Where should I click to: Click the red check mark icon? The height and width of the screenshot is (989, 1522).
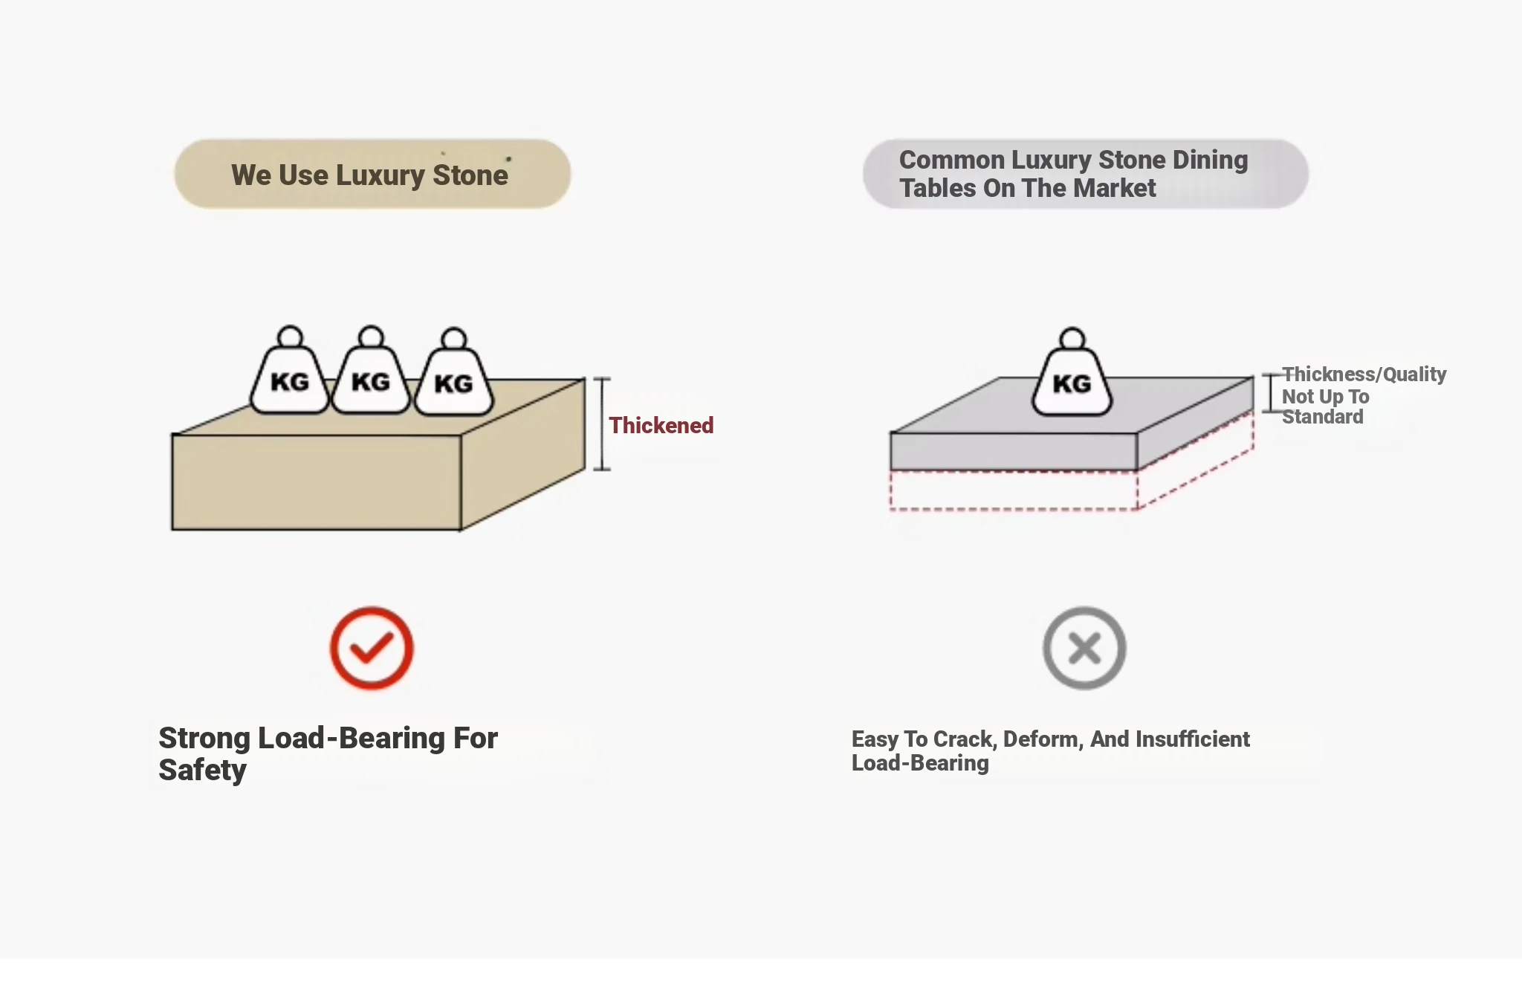click(372, 648)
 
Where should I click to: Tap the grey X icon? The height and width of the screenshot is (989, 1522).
click(1084, 648)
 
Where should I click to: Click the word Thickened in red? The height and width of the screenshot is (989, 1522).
click(661, 425)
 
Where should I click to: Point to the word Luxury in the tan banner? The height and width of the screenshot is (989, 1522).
click(380, 175)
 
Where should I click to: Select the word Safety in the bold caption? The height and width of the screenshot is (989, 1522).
click(202, 771)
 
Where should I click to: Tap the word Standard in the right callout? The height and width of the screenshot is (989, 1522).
click(1323, 417)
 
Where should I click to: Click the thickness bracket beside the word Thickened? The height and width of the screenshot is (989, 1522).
click(602, 424)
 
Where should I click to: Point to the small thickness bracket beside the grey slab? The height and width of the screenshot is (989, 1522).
click(1270, 393)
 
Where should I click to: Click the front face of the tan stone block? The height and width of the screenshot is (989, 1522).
click(316, 481)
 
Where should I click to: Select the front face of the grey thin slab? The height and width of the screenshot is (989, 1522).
click(1013, 451)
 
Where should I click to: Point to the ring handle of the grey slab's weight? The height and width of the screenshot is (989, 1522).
click(1072, 339)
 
